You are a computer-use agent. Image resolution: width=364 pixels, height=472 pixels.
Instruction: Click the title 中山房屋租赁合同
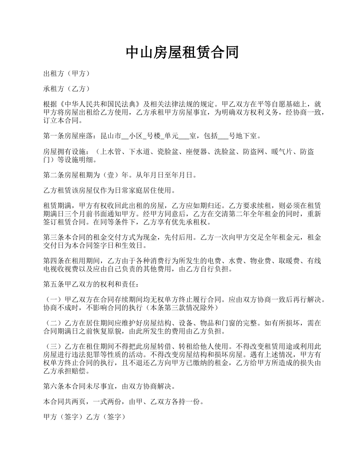(182, 52)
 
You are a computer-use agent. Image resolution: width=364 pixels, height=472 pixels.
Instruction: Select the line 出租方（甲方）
(67, 73)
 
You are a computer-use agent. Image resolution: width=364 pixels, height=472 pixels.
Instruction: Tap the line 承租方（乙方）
(67, 89)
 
